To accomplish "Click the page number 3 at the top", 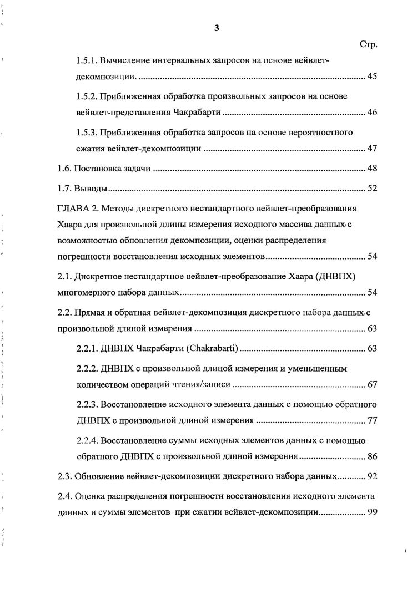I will (217, 30).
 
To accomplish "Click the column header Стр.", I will (369, 45).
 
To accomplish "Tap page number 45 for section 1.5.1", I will (372, 77).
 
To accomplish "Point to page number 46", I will (372, 113).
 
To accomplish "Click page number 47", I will (372, 149).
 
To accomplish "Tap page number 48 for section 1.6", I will (372, 169).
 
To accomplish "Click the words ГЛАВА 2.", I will (78, 209).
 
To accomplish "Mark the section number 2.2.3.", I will (87, 404).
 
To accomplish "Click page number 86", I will (372, 456).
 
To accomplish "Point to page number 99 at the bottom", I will (372, 512).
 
